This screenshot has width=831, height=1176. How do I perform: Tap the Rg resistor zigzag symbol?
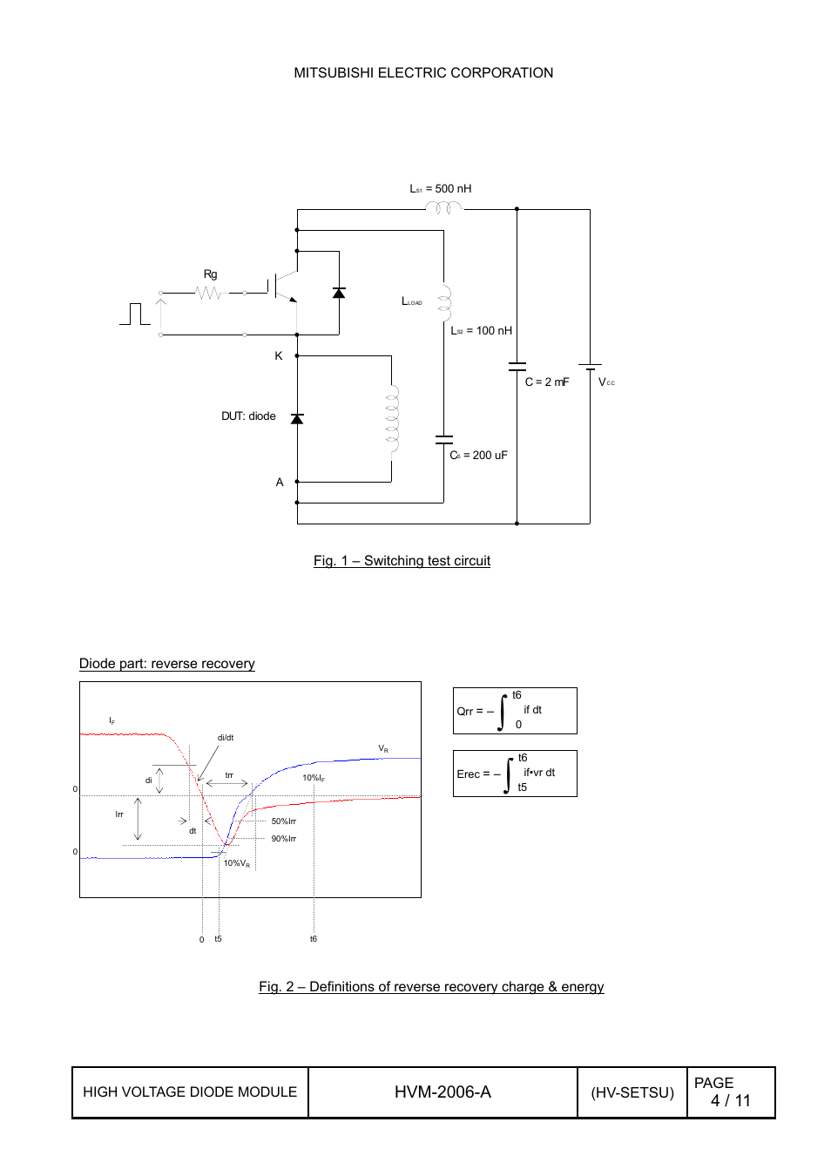point(209,294)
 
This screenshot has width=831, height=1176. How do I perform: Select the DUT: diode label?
point(248,416)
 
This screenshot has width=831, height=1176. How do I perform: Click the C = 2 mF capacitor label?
point(546,382)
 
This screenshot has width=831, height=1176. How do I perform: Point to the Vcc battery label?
point(606,382)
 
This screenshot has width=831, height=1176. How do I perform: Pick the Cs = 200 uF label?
point(478,456)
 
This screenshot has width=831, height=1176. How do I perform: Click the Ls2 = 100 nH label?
point(481,331)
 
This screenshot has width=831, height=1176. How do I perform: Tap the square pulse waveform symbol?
point(135,314)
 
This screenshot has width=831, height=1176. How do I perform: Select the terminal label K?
point(279,356)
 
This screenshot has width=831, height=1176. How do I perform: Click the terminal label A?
point(280,483)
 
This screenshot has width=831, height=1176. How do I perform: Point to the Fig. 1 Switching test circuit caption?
point(402,561)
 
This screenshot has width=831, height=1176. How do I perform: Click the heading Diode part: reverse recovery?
point(166,664)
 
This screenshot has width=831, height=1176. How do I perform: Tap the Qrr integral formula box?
point(514,711)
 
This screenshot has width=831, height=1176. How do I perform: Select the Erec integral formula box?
point(514,774)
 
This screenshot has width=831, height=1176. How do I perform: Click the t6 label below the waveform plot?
point(314,939)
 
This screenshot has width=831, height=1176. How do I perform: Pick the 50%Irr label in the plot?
point(283,821)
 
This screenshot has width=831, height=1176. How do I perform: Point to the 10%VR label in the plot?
point(236,863)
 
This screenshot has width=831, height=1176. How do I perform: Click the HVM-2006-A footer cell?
point(443,1092)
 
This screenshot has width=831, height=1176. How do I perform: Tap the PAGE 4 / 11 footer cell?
point(730,1092)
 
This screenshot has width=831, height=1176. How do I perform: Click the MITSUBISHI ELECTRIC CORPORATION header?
point(423,73)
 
